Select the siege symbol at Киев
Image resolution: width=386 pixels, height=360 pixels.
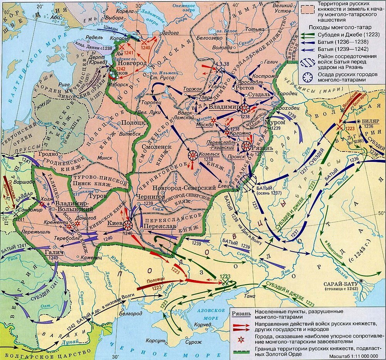127,225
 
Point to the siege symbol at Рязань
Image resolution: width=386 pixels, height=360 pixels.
246,146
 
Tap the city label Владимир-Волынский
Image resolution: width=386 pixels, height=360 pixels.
73,206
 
